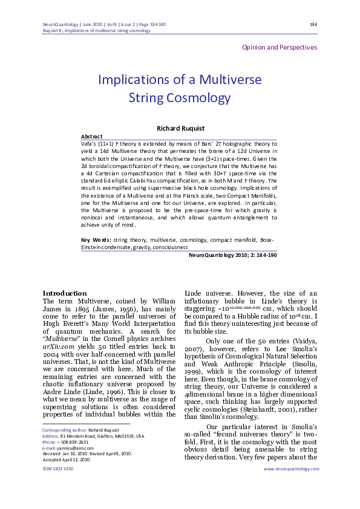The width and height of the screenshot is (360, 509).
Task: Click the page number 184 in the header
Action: (x=313, y=24)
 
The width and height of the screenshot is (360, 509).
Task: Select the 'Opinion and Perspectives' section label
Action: (x=279, y=47)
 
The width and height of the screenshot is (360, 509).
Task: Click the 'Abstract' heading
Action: (x=91, y=137)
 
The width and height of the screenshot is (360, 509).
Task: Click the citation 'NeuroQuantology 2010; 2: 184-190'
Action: (x=233, y=255)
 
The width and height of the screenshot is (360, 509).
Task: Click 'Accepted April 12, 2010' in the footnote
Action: (x=67, y=459)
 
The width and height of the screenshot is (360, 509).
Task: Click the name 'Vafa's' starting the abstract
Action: (x=90, y=143)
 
